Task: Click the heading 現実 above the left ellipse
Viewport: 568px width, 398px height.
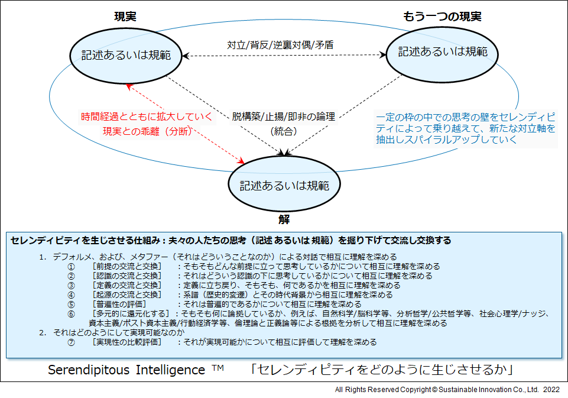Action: (x=125, y=17)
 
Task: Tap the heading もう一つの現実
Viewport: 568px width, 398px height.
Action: (x=442, y=17)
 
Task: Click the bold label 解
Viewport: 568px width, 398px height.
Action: (x=284, y=219)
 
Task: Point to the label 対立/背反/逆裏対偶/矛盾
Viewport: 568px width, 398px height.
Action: (x=280, y=45)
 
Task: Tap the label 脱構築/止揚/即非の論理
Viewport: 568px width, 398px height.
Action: (x=284, y=117)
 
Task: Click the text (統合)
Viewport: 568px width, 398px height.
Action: (x=284, y=131)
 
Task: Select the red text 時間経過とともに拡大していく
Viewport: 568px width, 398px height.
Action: (x=147, y=117)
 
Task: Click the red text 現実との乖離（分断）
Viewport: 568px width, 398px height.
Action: (x=148, y=131)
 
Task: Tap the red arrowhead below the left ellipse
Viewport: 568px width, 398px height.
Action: (x=129, y=86)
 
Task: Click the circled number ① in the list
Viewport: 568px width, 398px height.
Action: (x=72, y=267)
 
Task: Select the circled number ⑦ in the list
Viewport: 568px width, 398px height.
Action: (x=72, y=342)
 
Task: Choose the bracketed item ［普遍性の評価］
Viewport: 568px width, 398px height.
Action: (x=119, y=304)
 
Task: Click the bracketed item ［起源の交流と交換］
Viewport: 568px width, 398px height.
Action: (x=127, y=295)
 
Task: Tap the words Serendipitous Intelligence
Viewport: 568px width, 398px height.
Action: (x=126, y=370)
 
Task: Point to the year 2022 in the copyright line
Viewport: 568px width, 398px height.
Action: (x=551, y=390)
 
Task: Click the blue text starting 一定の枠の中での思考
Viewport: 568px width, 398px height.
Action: (x=466, y=128)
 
